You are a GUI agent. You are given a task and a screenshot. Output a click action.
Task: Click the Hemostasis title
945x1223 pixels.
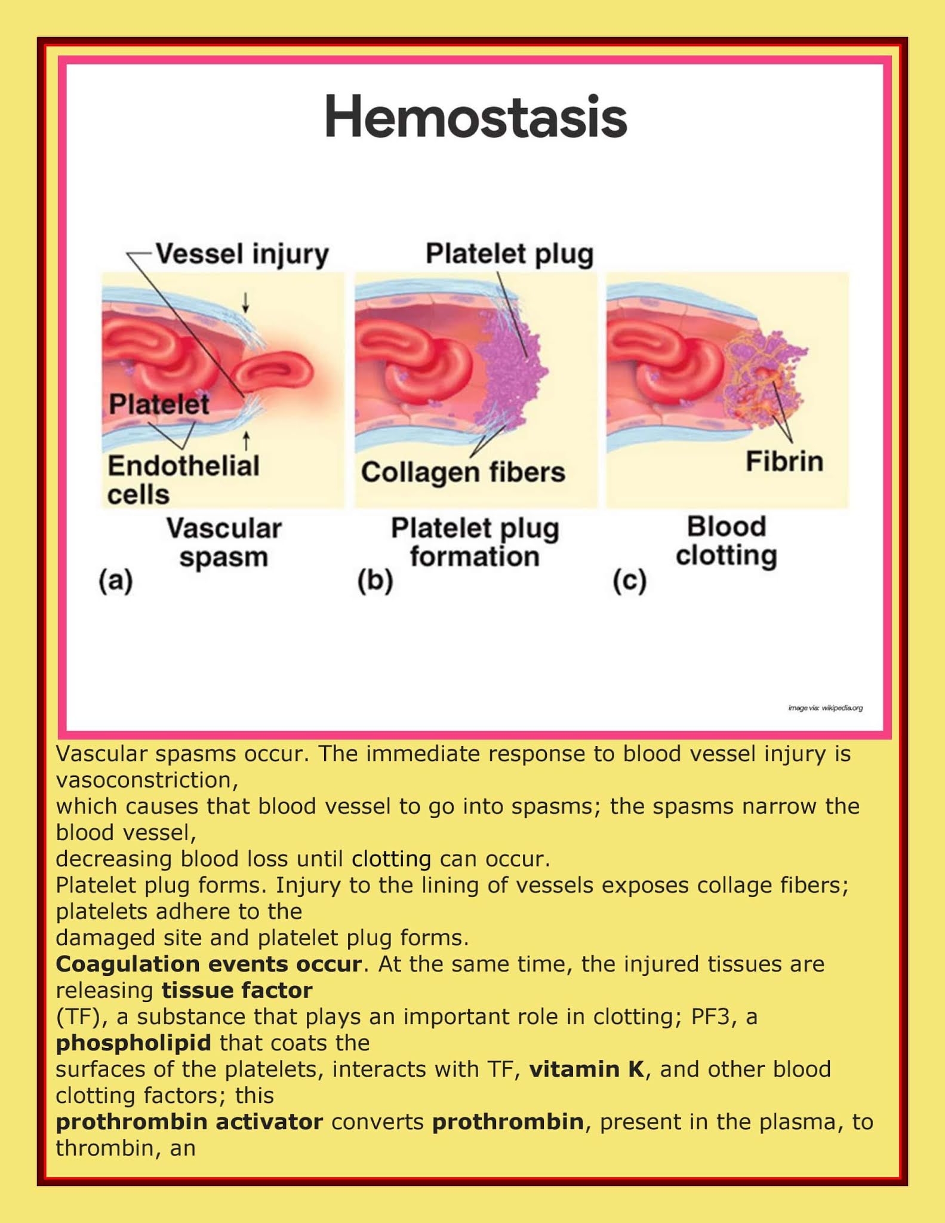coord(475,117)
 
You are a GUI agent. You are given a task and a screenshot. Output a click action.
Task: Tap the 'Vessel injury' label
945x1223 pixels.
coord(242,254)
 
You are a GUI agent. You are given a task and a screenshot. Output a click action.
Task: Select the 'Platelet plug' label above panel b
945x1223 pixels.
coord(509,254)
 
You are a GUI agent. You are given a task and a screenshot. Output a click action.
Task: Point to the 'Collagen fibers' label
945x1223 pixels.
coord(463,472)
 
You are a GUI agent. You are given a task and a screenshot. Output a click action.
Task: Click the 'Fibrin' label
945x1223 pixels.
coord(784,462)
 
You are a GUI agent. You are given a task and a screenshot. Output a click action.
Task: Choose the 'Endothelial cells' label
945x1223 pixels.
coord(183,480)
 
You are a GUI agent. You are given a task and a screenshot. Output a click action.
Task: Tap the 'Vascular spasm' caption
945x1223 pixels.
coord(223,542)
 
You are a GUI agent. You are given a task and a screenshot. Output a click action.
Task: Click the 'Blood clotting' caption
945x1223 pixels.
coord(726,541)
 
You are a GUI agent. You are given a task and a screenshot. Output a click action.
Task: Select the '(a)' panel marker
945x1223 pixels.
coord(116,580)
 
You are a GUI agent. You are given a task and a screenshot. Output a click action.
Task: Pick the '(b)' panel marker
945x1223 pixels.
coord(375,580)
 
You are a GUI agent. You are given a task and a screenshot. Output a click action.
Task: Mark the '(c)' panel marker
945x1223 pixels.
coord(629,580)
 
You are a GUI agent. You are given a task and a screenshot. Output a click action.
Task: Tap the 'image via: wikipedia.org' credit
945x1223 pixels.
coord(825,708)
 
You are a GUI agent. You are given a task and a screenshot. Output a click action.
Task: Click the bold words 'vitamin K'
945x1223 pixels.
coord(587,1070)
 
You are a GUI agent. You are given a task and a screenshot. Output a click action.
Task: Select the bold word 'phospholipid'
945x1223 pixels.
coord(133,1043)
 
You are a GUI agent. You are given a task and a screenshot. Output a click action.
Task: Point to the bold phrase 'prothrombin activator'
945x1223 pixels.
coord(189,1122)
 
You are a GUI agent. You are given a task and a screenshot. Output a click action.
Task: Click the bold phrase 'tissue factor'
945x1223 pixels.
coord(237,991)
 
